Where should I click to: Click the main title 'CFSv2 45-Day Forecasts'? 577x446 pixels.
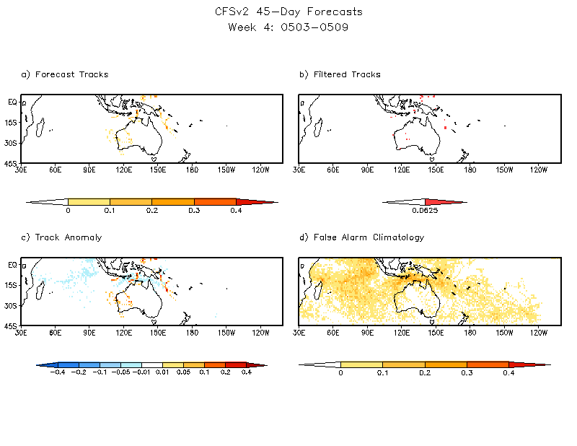click(288, 12)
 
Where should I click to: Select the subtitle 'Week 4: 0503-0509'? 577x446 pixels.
click(288, 27)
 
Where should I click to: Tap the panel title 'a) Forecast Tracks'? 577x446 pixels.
click(65, 74)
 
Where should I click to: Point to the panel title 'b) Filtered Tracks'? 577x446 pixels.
click(340, 74)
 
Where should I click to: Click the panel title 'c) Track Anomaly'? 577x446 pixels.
click(61, 237)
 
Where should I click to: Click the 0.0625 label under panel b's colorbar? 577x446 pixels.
click(426, 211)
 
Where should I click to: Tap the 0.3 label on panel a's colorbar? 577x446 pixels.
click(194, 211)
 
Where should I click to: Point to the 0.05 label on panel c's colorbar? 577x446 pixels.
click(183, 373)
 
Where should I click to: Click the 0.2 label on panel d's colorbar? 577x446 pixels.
click(425, 373)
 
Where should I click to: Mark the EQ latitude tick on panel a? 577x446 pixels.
click(12, 102)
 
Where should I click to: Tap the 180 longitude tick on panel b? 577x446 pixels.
click(470, 170)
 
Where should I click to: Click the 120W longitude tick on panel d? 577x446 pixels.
click(538, 333)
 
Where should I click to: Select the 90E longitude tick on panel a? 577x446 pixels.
click(89, 170)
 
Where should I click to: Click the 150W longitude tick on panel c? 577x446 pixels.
click(226, 333)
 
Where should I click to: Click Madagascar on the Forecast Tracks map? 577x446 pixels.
click(40, 128)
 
